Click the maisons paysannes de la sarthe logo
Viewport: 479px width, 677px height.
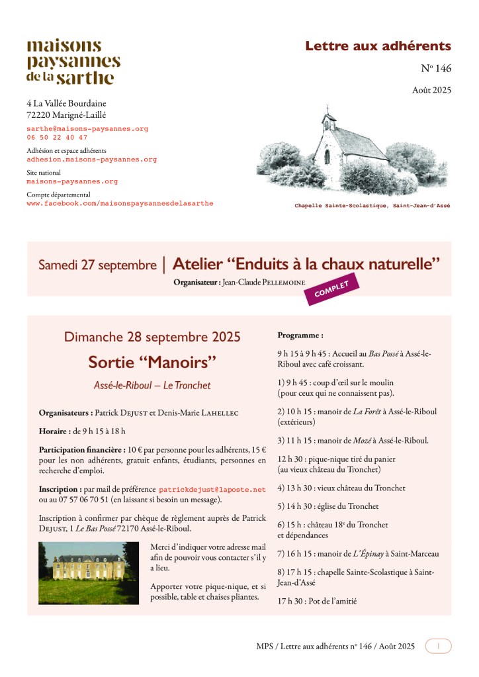[x=73, y=62]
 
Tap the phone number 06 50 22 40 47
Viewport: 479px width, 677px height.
[x=57, y=138]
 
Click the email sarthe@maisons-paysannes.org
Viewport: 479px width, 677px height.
[x=87, y=128]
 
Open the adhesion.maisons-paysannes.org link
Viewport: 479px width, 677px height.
[x=91, y=159]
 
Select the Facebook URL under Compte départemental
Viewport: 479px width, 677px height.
[x=120, y=203]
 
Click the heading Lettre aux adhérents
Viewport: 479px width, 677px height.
[x=378, y=46]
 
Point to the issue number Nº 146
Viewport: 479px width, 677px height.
[x=436, y=68]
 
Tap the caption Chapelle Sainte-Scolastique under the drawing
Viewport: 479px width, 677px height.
[x=372, y=206]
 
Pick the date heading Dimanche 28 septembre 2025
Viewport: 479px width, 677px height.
[x=152, y=337]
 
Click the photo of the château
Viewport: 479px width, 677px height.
[x=89, y=572]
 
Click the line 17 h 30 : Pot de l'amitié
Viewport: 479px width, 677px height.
[x=317, y=601]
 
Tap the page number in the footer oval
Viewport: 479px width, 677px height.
[x=438, y=646]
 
